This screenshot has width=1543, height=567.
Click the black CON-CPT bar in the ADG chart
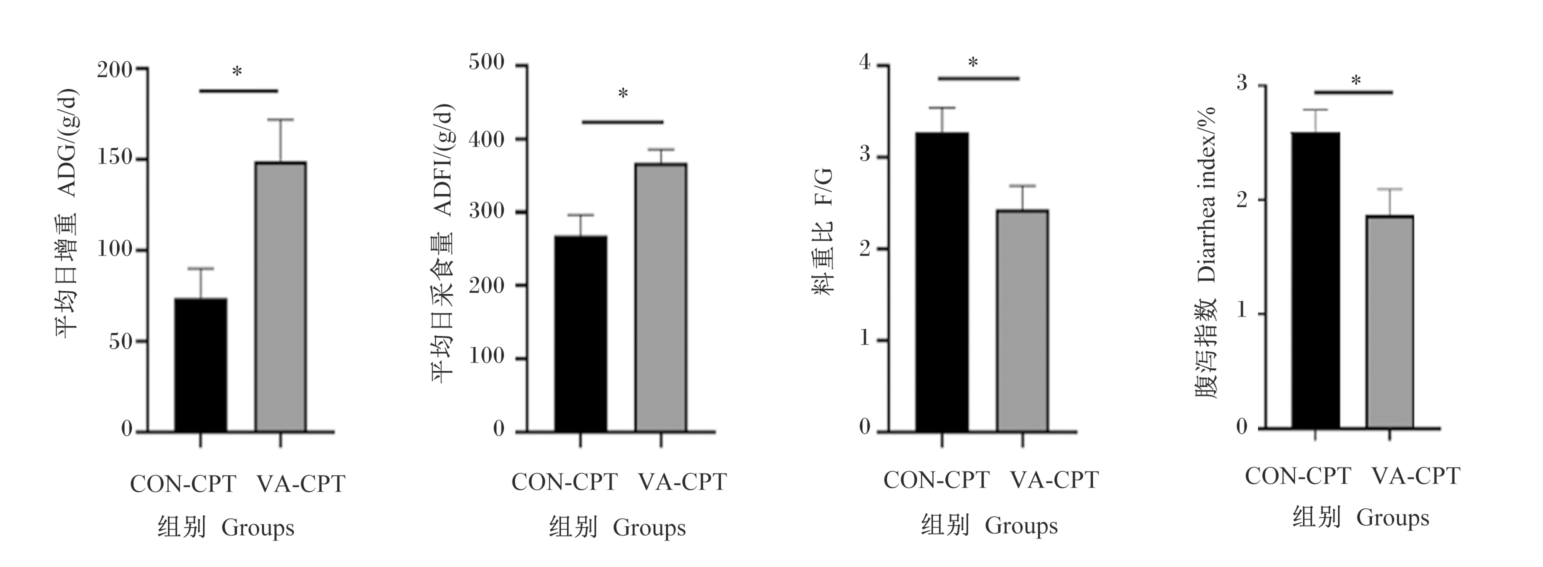point(200,364)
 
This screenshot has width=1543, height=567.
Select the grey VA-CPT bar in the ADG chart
point(281,296)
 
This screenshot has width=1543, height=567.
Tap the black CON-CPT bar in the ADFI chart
point(580,333)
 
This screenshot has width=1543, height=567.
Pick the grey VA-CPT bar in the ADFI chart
point(661,297)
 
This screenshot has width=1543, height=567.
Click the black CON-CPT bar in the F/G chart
point(942,282)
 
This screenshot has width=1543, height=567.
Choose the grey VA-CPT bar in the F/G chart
point(1022,320)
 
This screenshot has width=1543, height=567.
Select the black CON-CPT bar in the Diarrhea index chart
point(1315,280)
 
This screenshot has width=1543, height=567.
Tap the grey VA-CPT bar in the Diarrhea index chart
point(1389,321)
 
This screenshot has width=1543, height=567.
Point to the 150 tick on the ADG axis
point(141,160)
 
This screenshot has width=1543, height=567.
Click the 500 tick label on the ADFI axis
point(487,62)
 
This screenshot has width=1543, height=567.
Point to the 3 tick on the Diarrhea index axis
point(1261,86)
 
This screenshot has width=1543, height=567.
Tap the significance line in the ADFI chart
point(623,122)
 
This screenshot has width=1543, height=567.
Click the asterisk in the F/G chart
point(973,62)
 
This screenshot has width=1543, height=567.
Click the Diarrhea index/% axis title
point(1206,195)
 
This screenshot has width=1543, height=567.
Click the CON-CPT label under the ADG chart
point(183,484)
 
